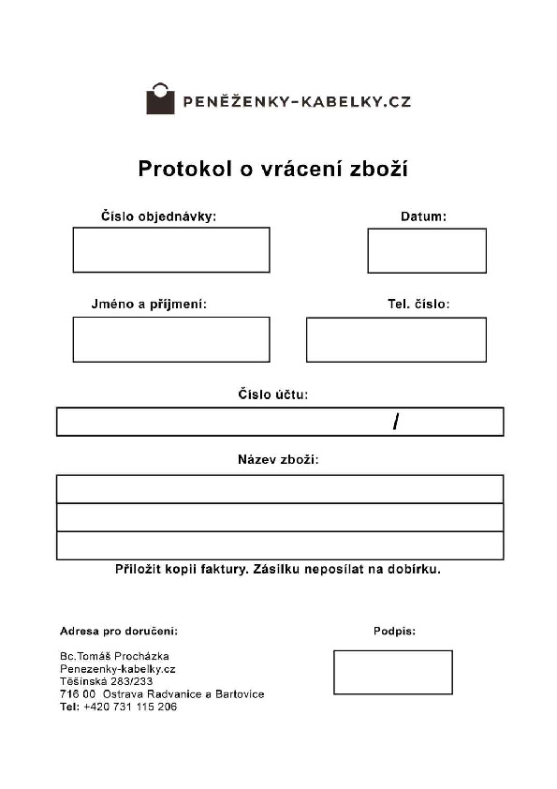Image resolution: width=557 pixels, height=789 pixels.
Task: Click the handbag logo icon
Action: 160,99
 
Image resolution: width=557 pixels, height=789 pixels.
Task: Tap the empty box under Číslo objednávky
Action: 171,249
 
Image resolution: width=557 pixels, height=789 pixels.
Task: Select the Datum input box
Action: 427,250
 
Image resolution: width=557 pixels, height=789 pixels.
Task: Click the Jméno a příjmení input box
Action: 171,339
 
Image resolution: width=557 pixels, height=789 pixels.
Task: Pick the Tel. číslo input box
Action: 396,339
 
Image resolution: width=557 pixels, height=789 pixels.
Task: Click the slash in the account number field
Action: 396,423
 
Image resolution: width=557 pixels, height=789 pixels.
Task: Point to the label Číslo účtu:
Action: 272,394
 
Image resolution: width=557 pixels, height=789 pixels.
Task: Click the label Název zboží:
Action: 279,460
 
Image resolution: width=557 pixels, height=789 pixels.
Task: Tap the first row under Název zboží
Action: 280,489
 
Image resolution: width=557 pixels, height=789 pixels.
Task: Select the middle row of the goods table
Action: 280,517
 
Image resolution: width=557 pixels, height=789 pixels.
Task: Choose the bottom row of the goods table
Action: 280,545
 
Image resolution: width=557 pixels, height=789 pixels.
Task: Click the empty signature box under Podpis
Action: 393,672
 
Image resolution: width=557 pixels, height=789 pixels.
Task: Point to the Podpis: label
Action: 394,632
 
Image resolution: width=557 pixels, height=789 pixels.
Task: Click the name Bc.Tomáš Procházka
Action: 114,656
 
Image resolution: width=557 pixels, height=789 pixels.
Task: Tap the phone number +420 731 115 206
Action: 130,707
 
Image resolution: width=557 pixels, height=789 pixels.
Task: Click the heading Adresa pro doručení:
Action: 118,632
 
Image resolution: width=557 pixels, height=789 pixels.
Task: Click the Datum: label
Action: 423,216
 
